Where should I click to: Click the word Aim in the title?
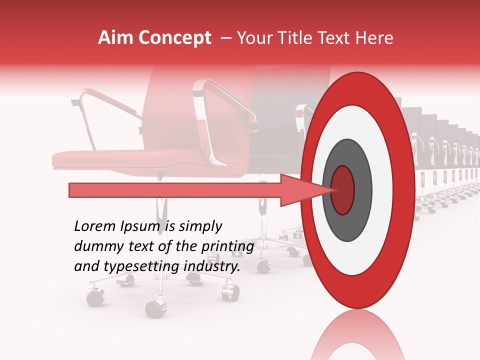click(x=116, y=38)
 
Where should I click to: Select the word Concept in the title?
click(x=174, y=38)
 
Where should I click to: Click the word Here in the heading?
click(x=375, y=38)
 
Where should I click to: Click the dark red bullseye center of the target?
click(x=342, y=190)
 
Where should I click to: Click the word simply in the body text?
click(x=200, y=226)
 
